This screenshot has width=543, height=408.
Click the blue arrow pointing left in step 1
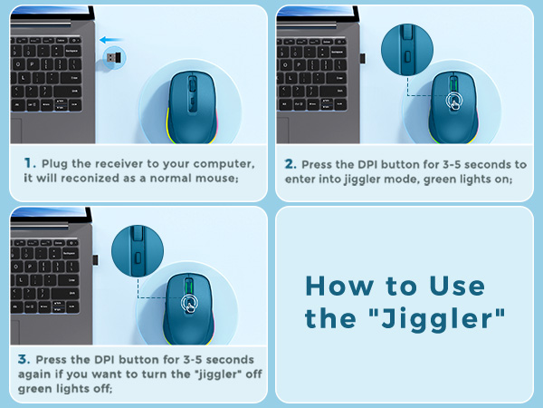coord(111,40)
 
